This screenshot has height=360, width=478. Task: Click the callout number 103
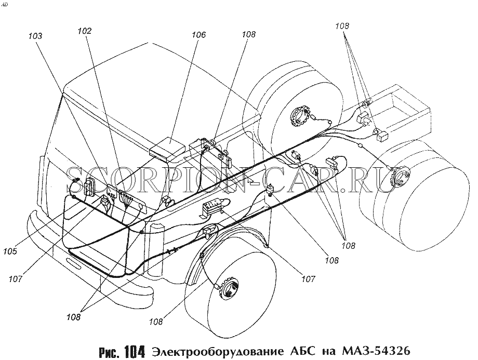coord(35,36)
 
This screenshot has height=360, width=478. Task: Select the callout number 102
coord(85,31)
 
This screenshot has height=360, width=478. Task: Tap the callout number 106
coord(198,35)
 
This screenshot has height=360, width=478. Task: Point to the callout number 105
coord(10,251)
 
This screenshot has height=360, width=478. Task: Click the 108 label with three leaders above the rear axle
coord(342,26)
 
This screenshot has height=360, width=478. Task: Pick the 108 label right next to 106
coord(248,34)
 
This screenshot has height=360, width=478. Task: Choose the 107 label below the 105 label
coord(15,278)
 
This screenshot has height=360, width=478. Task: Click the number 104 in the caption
coord(134,352)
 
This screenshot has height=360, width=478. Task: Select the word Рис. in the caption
coord(110,352)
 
